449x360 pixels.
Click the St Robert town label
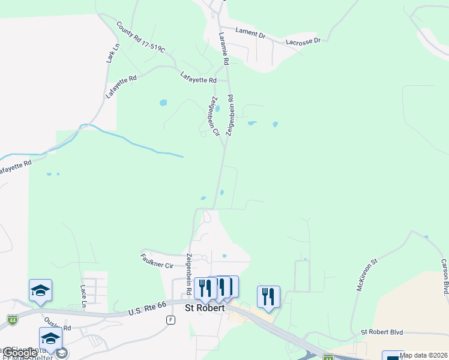204,308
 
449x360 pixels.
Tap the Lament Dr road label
250,34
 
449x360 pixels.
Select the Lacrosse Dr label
303,41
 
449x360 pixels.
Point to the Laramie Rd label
224,49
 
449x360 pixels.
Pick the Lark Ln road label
110,53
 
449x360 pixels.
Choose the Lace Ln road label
83,296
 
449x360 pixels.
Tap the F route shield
170,320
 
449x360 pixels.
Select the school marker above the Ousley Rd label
41,290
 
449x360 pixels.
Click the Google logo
20,353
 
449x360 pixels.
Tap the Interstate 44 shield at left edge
12,320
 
